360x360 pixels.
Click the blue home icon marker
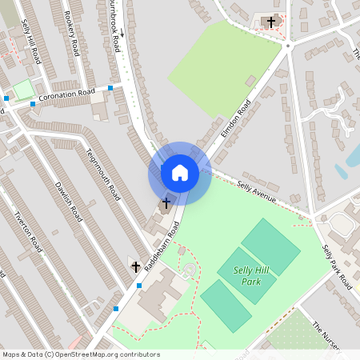[x=180, y=172]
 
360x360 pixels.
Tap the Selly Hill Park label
[x=251, y=275]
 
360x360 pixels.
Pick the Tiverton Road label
[x=28, y=233]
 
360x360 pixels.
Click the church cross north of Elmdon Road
[x=271, y=22]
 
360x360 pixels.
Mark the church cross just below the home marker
[x=166, y=203]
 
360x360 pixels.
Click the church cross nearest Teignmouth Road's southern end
[x=135, y=266]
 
